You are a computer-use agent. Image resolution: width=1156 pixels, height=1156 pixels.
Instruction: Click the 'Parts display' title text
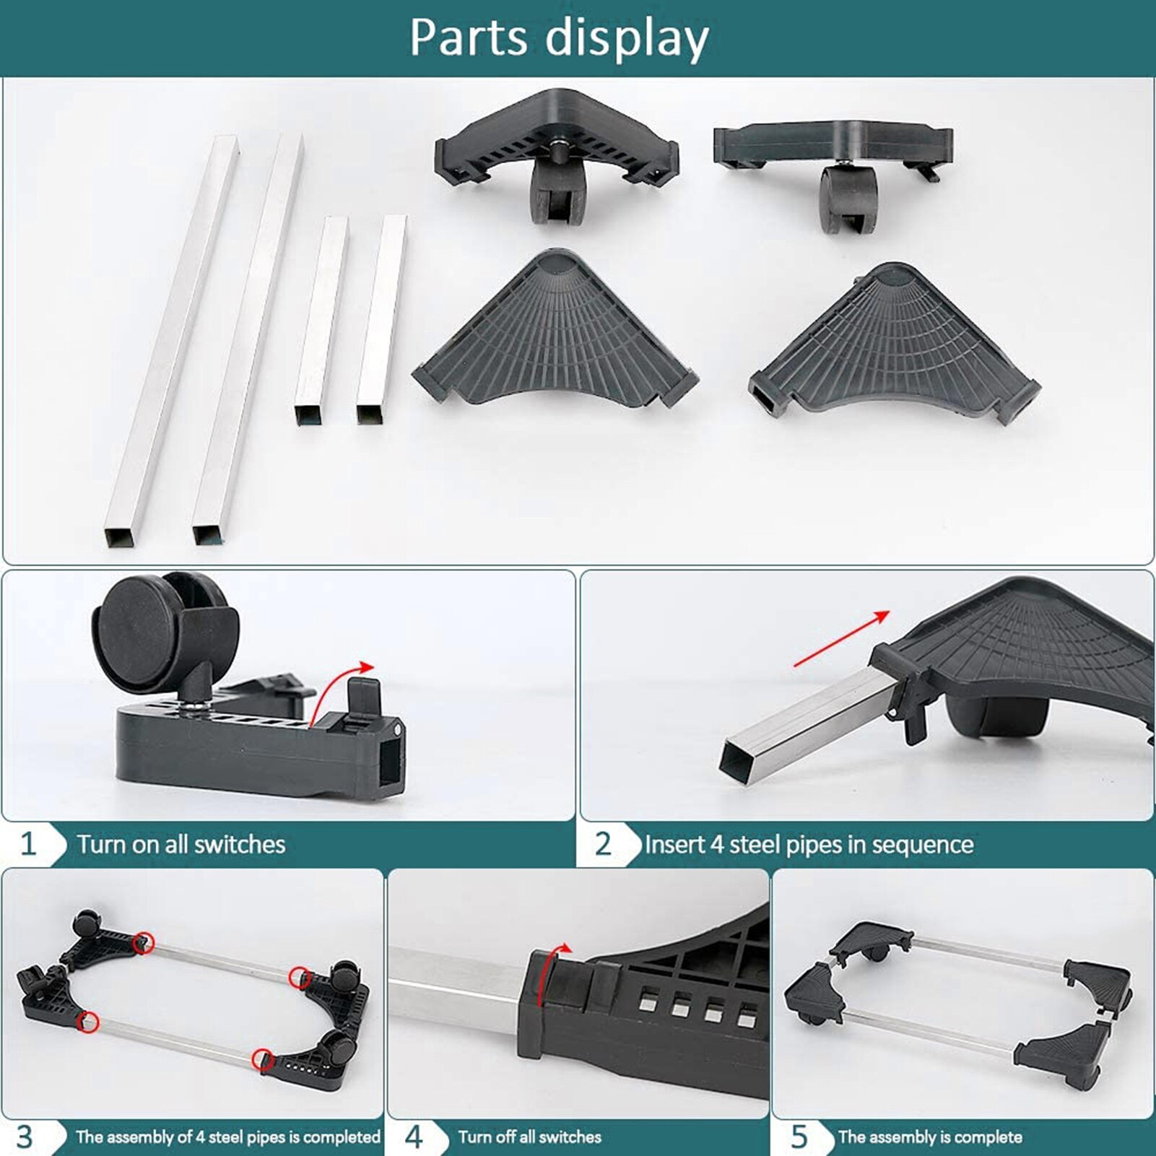point(559,38)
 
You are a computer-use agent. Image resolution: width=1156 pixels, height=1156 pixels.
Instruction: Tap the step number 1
point(28,843)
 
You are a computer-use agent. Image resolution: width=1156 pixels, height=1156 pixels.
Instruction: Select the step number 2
point(603,843)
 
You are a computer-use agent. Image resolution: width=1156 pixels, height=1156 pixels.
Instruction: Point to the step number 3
point(25,1137)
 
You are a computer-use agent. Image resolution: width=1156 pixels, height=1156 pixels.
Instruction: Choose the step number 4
point(413,1137)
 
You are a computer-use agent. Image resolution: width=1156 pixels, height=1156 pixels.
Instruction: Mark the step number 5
point(799,1137)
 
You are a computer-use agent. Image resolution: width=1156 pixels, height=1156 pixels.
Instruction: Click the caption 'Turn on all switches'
point(181,844)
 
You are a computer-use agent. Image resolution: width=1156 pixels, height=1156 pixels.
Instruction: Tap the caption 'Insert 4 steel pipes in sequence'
point(809,844)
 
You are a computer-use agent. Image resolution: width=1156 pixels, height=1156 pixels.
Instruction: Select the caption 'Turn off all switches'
point(529,1137)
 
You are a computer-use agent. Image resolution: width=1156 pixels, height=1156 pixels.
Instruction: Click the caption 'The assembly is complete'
point(930,1137)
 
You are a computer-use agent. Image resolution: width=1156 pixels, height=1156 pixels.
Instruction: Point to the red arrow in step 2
point(842,638)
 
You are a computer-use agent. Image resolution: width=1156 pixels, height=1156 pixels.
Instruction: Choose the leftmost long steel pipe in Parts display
point(172,339)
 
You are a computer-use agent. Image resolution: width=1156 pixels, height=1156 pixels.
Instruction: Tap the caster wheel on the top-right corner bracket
point(848,198)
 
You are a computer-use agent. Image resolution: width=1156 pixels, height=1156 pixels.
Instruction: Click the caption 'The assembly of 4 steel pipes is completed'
point(227,1137)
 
